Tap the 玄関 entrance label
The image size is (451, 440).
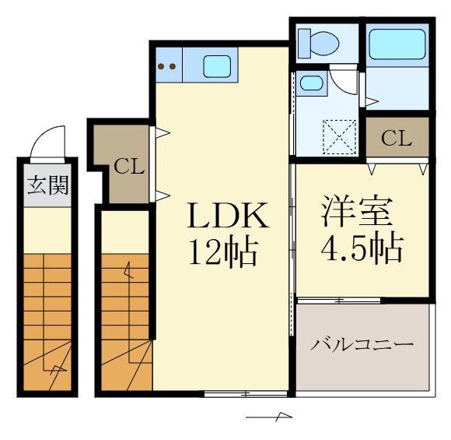pos(47,185)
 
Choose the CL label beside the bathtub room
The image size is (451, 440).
pos(397,139)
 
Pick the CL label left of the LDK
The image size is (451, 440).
pos(128,166)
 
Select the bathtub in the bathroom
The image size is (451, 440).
pos(397,44)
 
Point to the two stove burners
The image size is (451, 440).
pos(167,66)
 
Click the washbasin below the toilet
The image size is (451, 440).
pos(313,83)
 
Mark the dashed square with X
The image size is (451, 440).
pos(339,137)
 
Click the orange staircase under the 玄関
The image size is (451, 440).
pos(47,319)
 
